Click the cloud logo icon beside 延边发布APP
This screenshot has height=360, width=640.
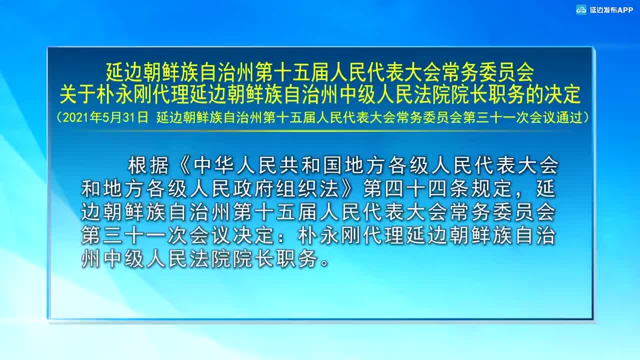point(581,10)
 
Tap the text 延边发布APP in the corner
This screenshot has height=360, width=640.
point(611,10)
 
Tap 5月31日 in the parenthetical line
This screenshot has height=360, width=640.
point(125,117)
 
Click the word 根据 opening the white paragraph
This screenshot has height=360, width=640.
point(148,166)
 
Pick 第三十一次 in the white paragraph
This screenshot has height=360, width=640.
point(134,236)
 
